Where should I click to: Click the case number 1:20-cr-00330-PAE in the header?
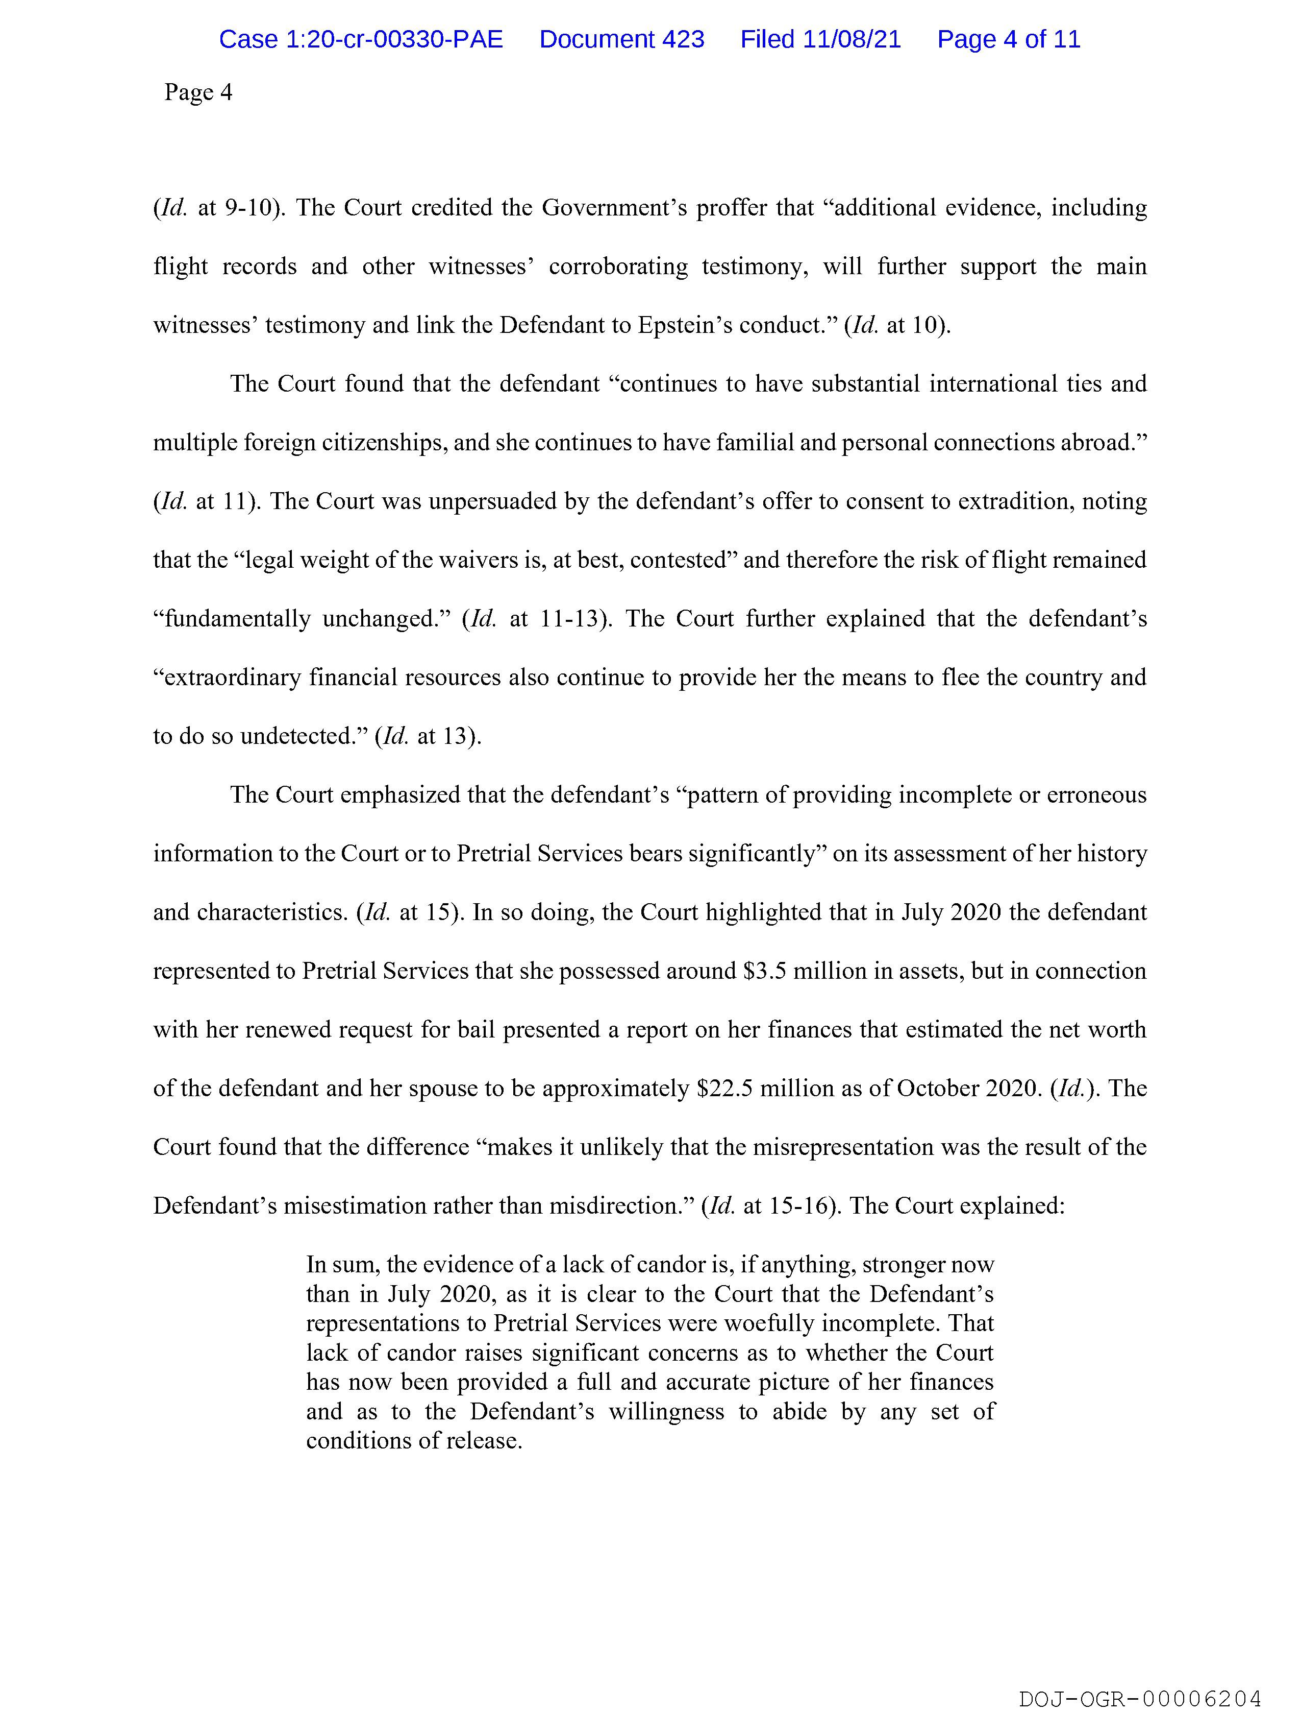pyautogui.click(x=361, y=39)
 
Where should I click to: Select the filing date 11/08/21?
pyautogui.click(x=852, y=39)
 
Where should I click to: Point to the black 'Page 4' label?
pyautogui.click(x=198, y=92)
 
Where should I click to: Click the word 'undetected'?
pyautogui.click(x=305, y=736)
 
